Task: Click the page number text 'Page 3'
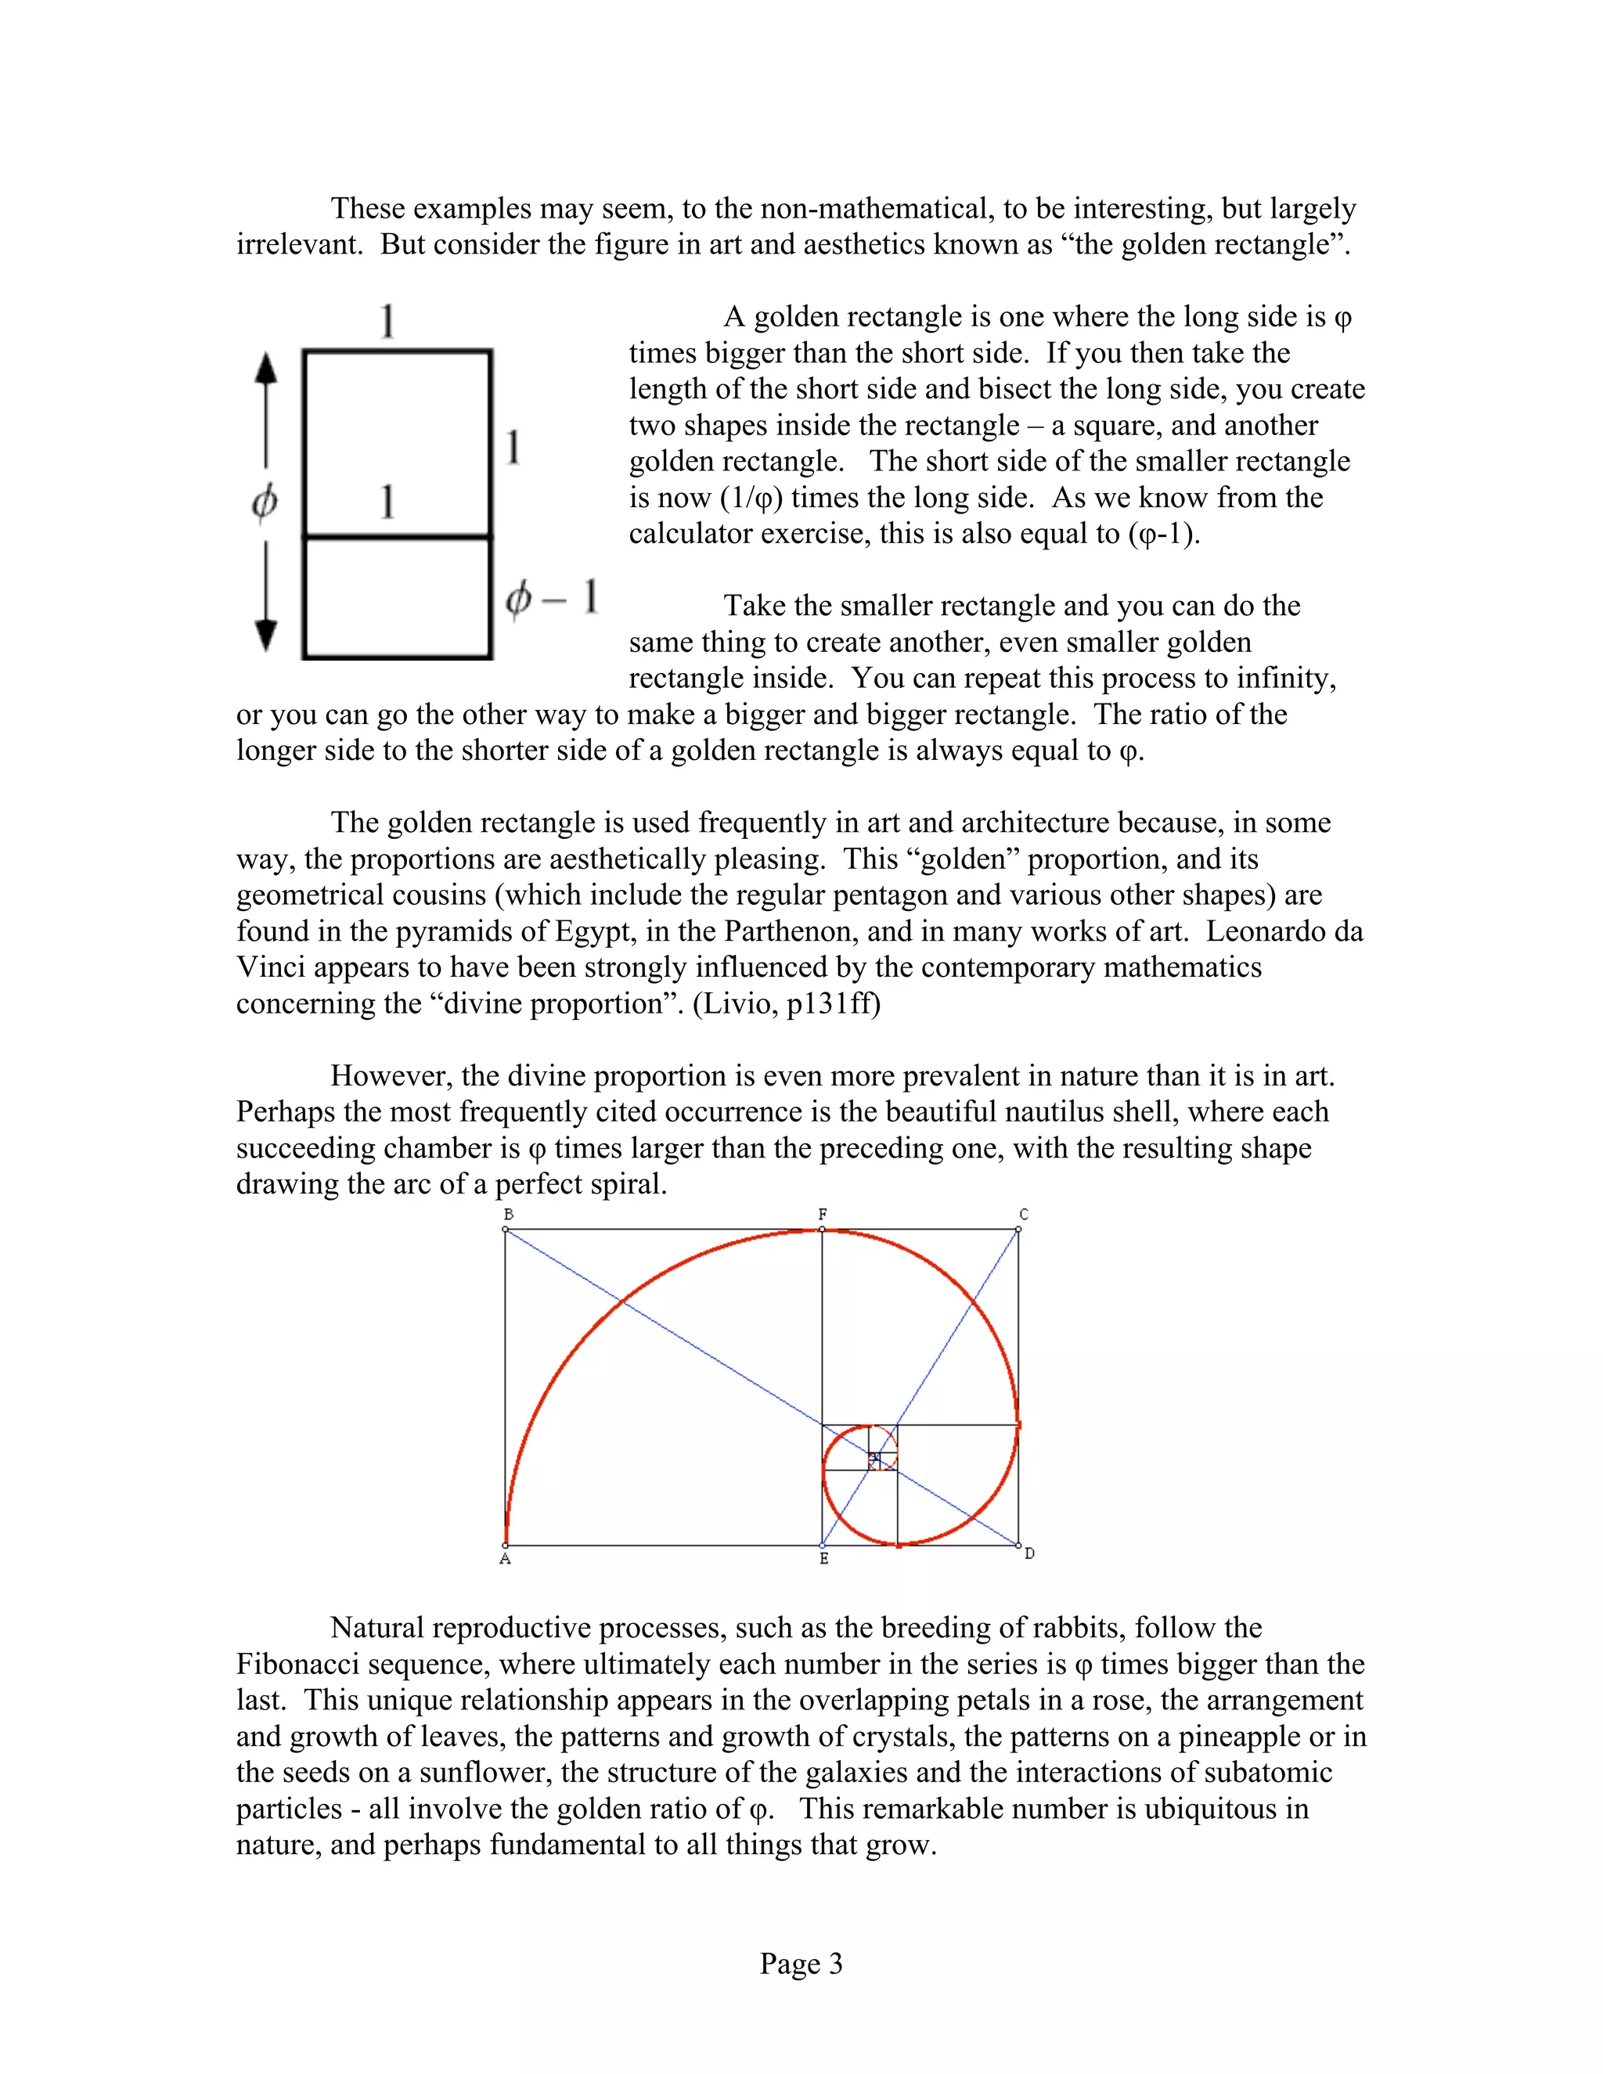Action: pos(801,1963)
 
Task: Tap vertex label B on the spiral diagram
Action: pos(509,1214)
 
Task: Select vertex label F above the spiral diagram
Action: pos(823,1214)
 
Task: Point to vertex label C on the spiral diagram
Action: pos(1024,1214)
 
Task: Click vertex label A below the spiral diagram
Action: pos(505,1558)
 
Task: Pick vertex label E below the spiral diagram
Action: pos(824,1558)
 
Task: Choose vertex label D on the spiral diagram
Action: pos(1029,1554)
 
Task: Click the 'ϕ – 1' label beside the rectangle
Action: pos(552,598)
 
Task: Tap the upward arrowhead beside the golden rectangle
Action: pos(267,369)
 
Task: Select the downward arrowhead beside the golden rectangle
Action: pos(267,633)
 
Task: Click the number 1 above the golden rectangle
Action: pos(387,321)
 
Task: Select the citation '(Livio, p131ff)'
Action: pos(787,1003)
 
